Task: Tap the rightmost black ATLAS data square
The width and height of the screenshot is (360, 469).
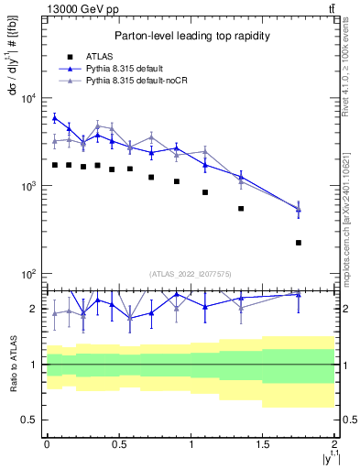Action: (x=299, y=243)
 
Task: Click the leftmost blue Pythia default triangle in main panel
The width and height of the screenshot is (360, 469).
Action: (x=55, y=118)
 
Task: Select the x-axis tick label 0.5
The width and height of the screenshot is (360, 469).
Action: (x=118, y=444)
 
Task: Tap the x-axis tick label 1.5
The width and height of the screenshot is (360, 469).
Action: (x=263, y=444)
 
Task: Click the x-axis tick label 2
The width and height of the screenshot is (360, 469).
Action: (x=335, y=444)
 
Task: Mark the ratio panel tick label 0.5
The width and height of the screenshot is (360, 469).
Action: (x=32, y=420)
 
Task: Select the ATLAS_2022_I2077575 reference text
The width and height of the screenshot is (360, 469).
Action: (x=190, y=274)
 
